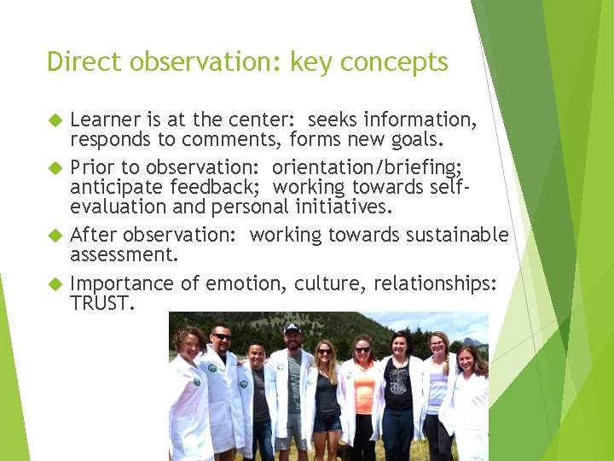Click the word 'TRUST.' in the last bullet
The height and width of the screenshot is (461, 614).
click(102, 302)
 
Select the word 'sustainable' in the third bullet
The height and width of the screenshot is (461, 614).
click(458, 235)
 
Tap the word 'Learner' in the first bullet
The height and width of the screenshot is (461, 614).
click(105, 119)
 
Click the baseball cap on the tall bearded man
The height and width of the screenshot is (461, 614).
click(292, 328)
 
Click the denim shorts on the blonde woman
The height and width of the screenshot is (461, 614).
click(327, 422)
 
